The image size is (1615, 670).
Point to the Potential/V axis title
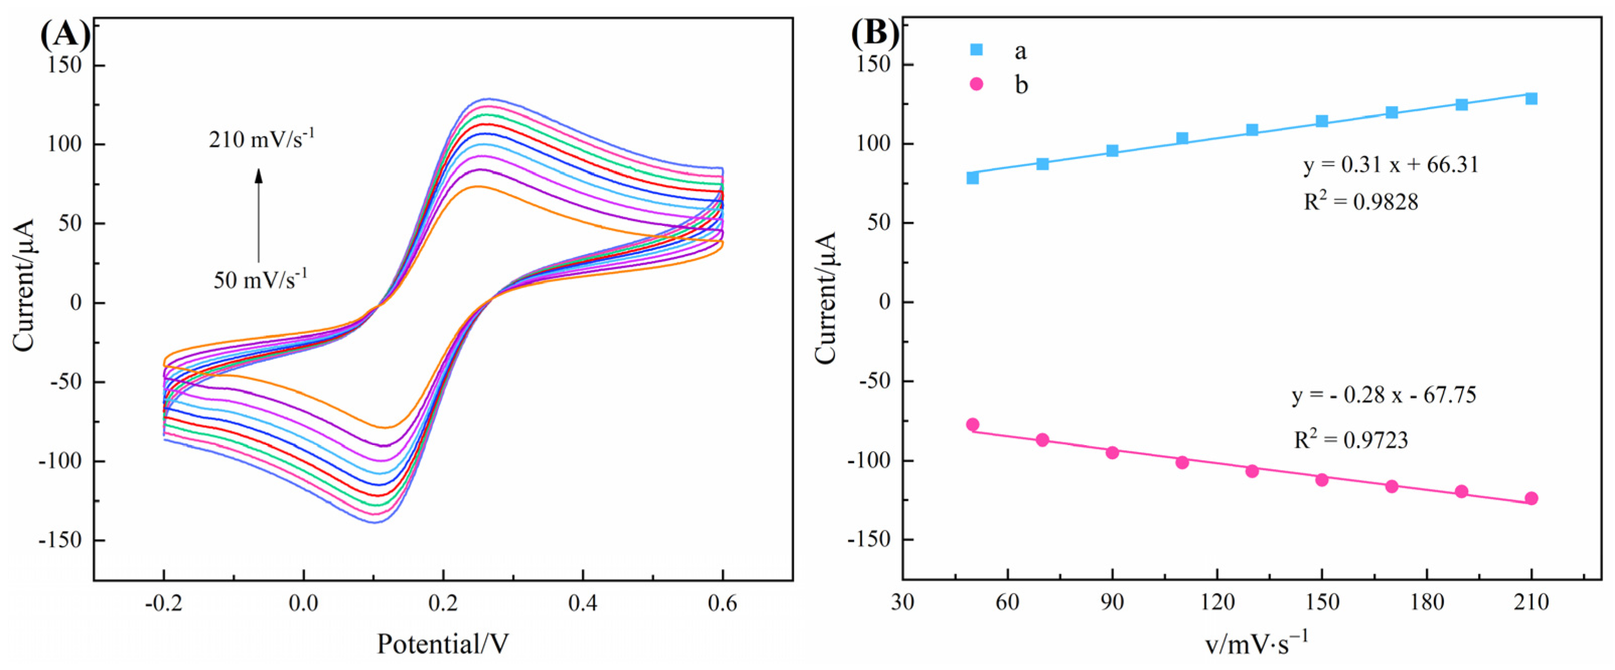(443, 644)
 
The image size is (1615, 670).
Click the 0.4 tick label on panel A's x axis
(582, 603)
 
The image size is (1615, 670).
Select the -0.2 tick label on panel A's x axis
(163, 603)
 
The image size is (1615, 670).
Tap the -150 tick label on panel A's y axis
(60, 540)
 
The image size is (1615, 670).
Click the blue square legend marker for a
(976, 49)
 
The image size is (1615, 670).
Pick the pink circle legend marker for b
(976, 83)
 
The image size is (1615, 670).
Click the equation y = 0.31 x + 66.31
(1391, 165)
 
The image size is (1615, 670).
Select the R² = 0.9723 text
(1351, 440)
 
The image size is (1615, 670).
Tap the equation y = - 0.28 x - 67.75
(1384, 395)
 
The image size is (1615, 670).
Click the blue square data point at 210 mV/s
(1531, 99)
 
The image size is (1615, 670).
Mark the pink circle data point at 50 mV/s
(972, 425)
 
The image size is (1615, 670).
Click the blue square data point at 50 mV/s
(972, 178)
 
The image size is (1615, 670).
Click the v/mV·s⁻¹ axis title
(1256, 644)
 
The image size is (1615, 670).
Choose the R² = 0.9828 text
(1361, 202)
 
